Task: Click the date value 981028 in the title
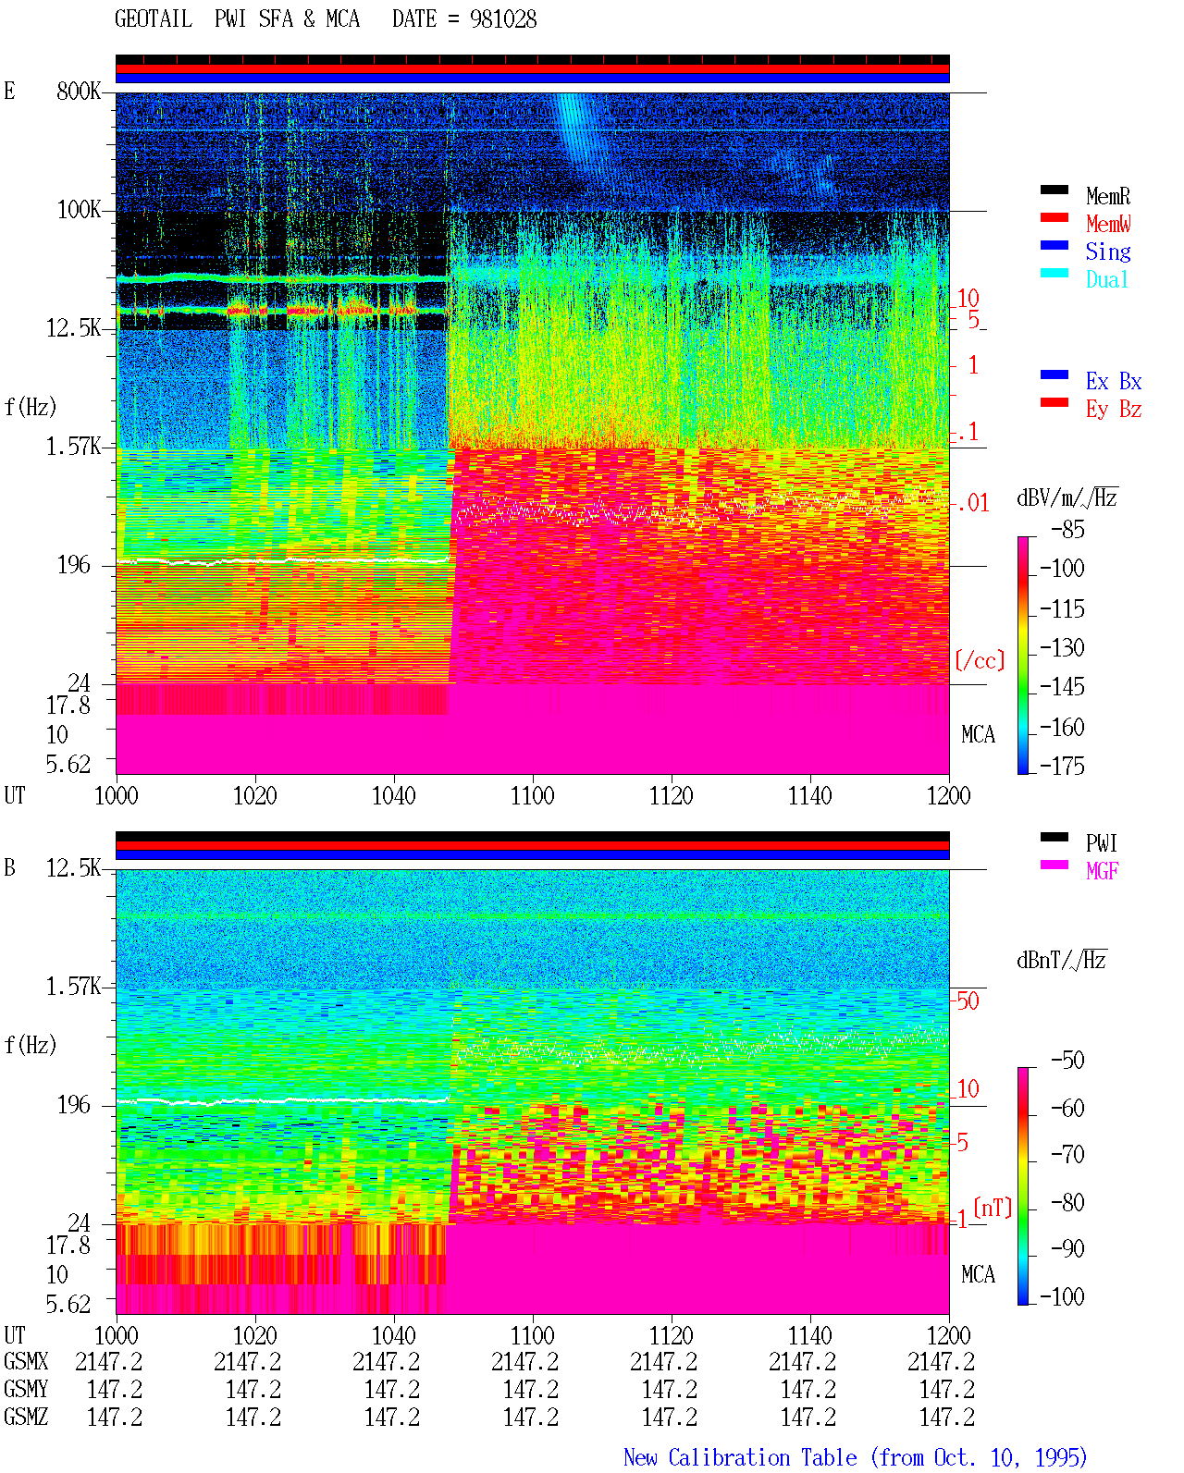(x=503, y=18)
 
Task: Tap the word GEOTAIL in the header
(x=154, y=18)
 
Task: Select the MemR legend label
(x=1108, y=196)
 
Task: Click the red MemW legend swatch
(x=1054, y=217)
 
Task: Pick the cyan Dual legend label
(x=1107, y=279)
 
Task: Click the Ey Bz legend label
(x=1114, y=410)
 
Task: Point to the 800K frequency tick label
(x=79, y=91)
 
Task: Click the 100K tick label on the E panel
(x=79, y=210)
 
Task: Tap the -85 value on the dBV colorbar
(x=1067, y=529)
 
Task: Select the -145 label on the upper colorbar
(x=1062, y=686)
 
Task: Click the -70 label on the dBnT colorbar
(x=1067, y=1155)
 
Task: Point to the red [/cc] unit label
(x=980, y=660)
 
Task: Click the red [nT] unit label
(x=993, y=1208)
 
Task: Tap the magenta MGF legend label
(x=1102, y=871)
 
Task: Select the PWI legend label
(x=1101, y=843)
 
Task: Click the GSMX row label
(x=26, y=1362)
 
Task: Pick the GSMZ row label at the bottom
(x=26, y=1417)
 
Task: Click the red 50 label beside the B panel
(x=968, y=1001)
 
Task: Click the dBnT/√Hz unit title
(x=1061, y=960)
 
